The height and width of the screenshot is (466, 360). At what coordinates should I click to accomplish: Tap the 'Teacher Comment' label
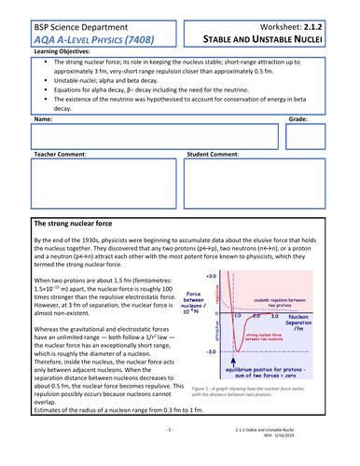[x=60, y=154]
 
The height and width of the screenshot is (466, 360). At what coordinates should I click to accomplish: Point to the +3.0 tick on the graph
[x=210, y=277]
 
